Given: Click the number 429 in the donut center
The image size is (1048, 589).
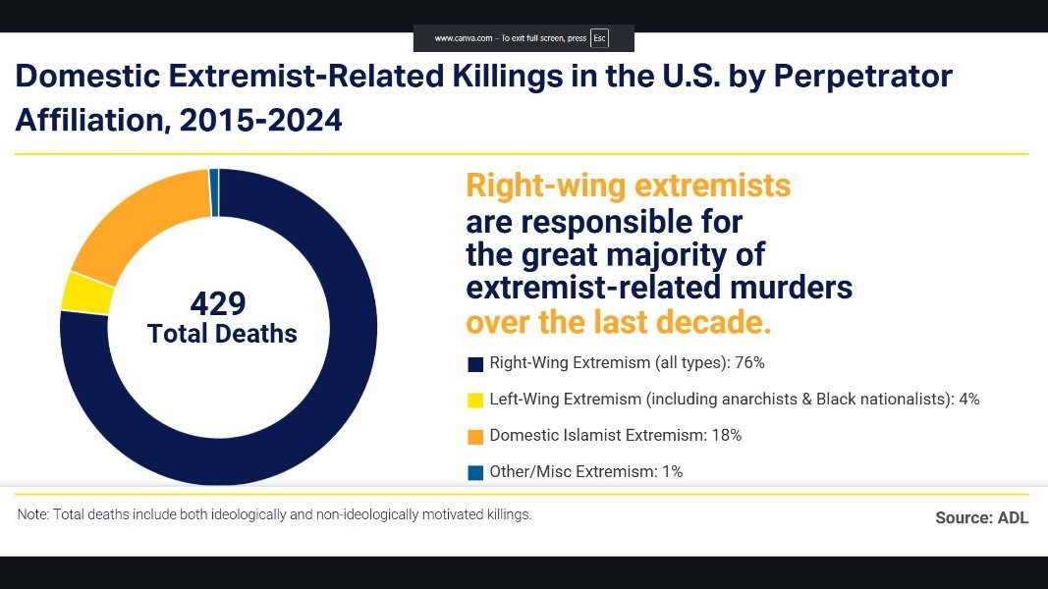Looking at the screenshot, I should coord(218,303).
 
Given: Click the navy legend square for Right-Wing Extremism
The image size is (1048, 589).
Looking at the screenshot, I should coord(475,364).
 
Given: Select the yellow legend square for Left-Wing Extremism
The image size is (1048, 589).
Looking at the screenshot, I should coord(475,401).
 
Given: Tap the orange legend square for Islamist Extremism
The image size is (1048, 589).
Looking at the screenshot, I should coord(475,437).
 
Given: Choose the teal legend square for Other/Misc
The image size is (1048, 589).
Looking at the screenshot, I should coord(475,473).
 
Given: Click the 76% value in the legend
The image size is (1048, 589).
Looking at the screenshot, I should coord(749,363).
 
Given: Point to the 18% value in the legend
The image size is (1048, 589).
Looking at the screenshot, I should coord(726,436).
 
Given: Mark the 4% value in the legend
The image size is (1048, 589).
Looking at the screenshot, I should coord(968,400).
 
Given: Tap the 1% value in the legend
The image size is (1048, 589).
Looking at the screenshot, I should coord(672,472).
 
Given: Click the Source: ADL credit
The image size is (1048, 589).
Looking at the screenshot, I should coord(981,517).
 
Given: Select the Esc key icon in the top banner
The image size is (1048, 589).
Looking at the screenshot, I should coord(599,38).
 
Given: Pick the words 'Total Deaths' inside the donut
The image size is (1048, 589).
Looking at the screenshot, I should coord(222,334).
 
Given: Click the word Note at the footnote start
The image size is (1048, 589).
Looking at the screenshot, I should coord(32,514).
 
